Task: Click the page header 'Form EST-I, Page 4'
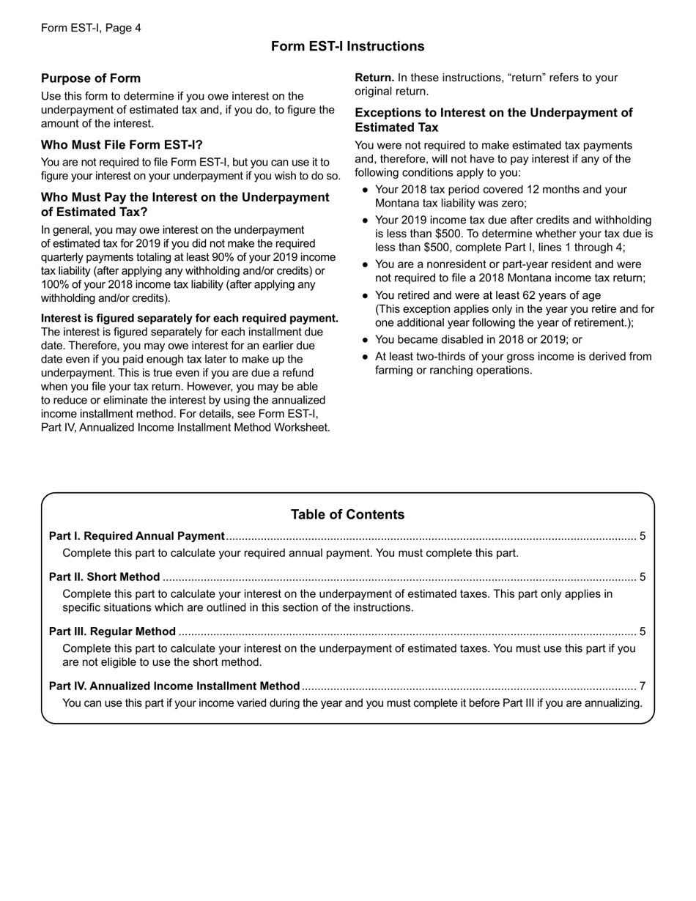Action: [x=91, y=28]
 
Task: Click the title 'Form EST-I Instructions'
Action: [x=347, y=46]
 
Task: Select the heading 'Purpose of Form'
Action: [x=91, y=78]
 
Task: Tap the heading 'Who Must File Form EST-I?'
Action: [x=122, y=145]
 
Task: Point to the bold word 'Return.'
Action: [x=374, y=78]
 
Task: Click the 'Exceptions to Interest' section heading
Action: [x=493, y=119]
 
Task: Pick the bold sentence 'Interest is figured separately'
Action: [x=190, y=318]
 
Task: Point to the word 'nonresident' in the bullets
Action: [x=451, y=264]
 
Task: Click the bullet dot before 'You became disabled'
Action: [x=365, y=340]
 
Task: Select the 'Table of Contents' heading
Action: [x=347, y=514]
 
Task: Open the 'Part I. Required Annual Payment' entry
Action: [x=136, y=536]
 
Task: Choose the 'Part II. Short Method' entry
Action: [x=104, y=576]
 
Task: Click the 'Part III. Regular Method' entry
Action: [x=112, y=631]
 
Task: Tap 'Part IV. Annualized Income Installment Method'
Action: [x=174, y=686]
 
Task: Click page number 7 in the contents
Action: [x=643, y=686]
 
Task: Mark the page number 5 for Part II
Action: [x=643, y=576]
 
